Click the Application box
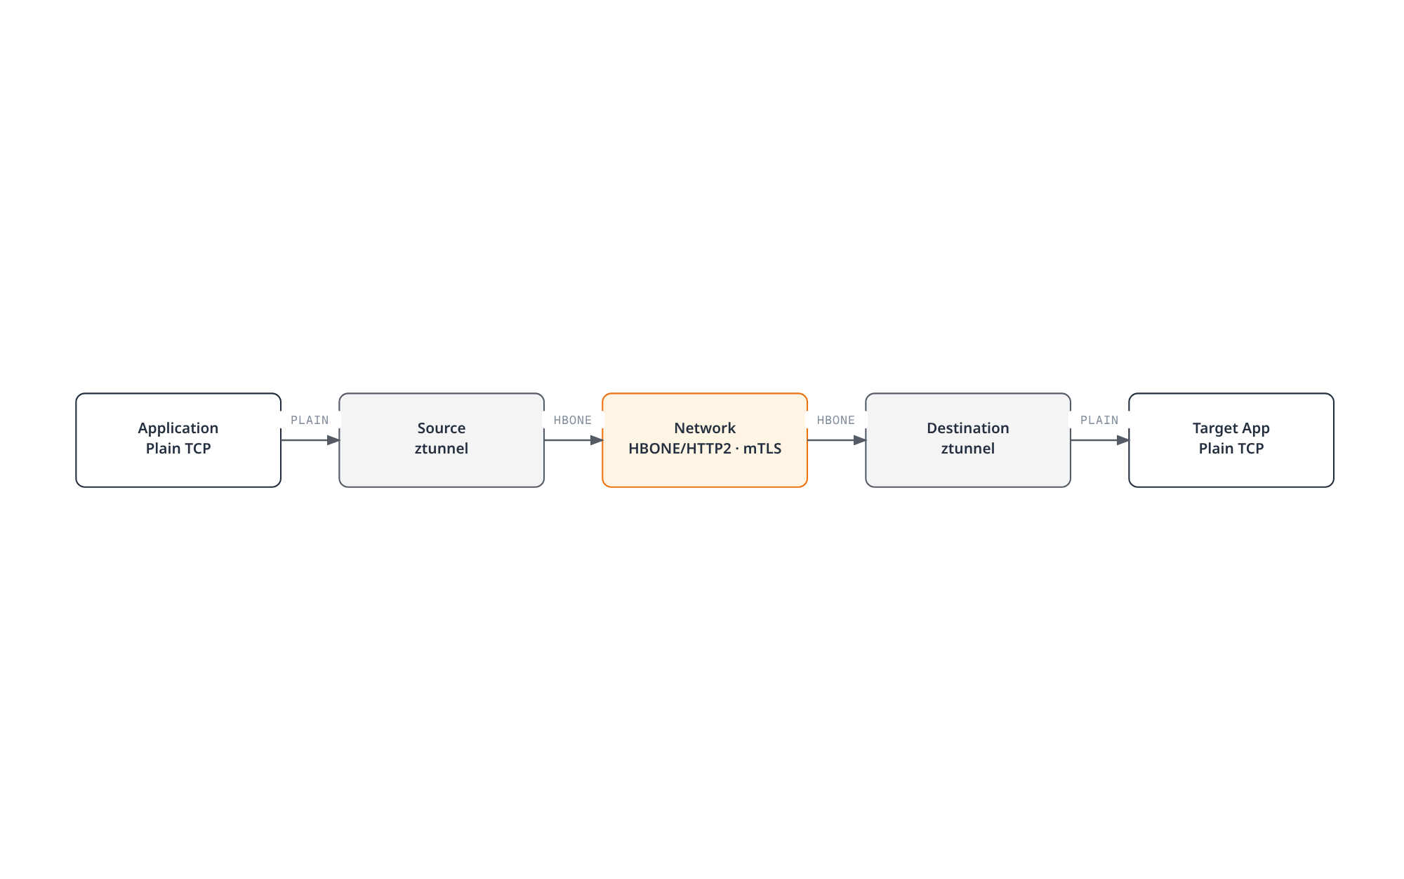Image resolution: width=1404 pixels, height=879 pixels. click(178, 440)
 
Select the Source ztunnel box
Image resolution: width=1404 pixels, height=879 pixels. click(442, 440)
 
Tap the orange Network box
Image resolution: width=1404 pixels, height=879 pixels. click(705, 440)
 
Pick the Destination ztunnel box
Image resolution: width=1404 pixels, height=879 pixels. click(968, 440)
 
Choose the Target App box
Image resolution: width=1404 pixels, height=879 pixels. click(1231, 440)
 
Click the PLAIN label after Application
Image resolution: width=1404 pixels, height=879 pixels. click(310, 420)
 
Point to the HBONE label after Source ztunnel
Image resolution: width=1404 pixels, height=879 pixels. click(573, 420)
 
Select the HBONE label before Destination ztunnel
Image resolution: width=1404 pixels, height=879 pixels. click(836, 420)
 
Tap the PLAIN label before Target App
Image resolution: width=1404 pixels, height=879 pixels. click(1099, 420)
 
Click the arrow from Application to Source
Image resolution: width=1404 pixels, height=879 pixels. click(310, 440)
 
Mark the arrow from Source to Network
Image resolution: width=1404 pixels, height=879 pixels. click(574, 440)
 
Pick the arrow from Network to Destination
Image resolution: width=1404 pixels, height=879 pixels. click(837, 440)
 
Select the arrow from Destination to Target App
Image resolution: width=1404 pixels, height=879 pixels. click(1100, 440)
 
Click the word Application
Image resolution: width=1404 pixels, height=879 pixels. click(178, 428)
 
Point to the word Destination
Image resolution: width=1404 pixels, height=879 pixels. click(968, 428)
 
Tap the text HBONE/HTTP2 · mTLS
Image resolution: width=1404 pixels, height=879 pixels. click(705, 449)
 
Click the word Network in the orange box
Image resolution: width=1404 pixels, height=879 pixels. click(705, 428)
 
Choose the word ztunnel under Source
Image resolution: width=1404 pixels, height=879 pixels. click(442, 449)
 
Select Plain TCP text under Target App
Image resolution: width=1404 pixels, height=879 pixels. click(1231, 449)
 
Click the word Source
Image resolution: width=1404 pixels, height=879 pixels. click(442, 428)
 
